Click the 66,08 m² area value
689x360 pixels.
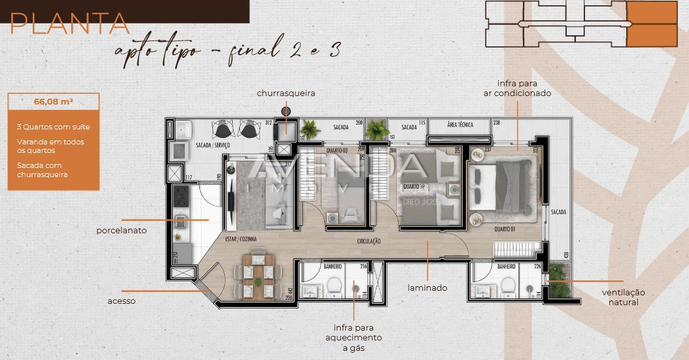54,101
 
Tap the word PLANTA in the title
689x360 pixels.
70,24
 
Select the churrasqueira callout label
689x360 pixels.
286,93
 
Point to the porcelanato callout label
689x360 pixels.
121,231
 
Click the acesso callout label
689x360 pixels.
122,301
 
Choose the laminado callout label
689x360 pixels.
428,287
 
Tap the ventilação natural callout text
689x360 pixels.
623,297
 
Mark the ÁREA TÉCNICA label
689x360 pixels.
460,124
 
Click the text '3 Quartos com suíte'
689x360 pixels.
54,127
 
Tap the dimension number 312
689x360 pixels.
268,123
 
